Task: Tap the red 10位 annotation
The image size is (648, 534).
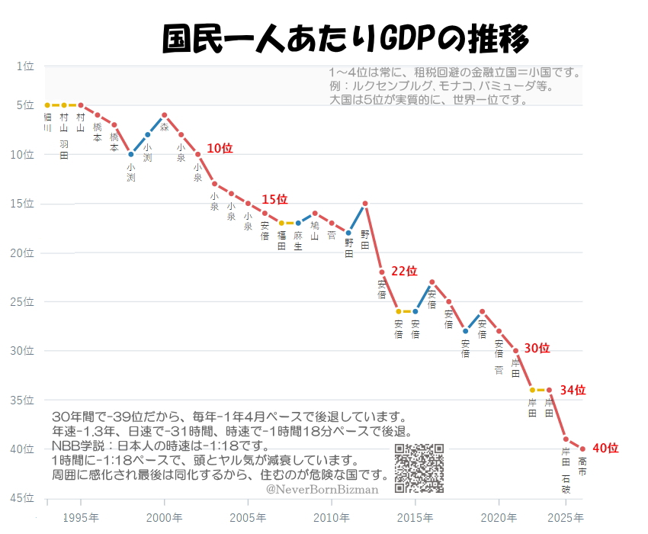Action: click(220, 148)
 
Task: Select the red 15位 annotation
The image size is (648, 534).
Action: click(274, 199)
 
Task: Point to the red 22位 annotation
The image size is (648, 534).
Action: click(404, 271)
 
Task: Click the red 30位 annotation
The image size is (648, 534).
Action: click(536, 348)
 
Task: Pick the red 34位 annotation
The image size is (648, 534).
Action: click(573, 390)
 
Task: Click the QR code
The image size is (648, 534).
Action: click(419, 468)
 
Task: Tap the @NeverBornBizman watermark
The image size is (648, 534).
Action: click(322, 489)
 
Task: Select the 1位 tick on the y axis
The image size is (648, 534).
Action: click(25, 66)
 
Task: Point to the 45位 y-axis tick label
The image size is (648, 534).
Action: click(23, 498)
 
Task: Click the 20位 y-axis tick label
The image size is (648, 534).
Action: click(23, 253)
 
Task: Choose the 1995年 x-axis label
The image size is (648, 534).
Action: click(80, 518)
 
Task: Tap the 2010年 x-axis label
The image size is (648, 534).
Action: click(331, 518)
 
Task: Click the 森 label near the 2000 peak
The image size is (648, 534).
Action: click(164, 128)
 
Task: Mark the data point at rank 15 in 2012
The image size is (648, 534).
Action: click(365, 204)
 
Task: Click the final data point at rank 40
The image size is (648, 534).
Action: click(582, 449)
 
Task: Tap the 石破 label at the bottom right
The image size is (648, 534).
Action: click(566, 484)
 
